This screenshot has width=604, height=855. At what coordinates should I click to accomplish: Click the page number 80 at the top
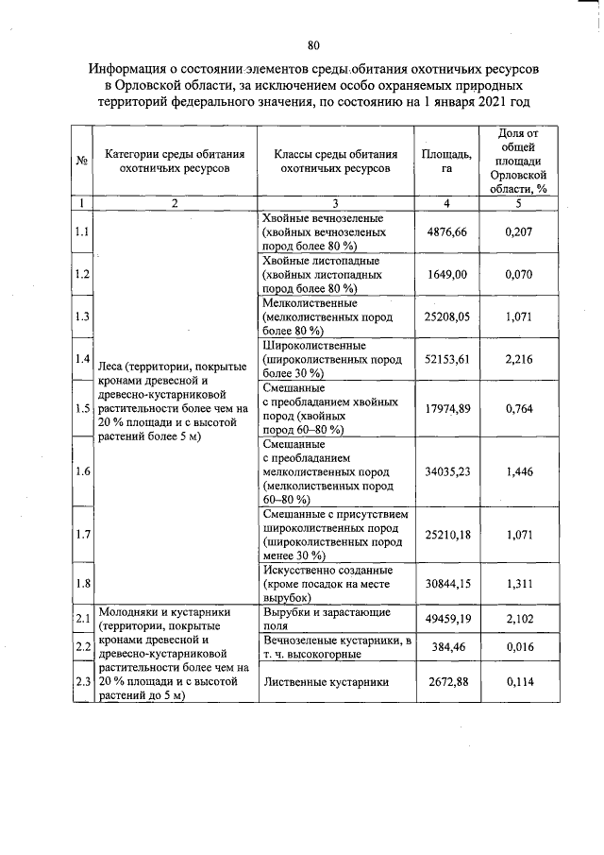(x=313, y=43)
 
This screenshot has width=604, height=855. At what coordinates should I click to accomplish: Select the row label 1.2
(x=82, y=274)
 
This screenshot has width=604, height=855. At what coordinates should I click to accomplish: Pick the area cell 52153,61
(x=446, y=360)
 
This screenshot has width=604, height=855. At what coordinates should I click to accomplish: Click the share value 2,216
(x=519, y=360)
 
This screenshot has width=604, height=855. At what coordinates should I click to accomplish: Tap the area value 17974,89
(x=446, y=408)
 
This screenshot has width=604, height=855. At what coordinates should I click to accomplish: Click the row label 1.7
(x=82, y=535)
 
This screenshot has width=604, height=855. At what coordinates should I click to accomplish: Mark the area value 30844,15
(x=446, y=584)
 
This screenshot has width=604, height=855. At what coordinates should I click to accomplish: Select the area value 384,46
(x=446, y=649)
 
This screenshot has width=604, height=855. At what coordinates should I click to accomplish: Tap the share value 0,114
(x=519, y=682)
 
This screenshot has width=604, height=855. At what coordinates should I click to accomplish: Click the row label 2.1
(x=82, y=619)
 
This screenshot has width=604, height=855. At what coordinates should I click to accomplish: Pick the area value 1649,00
(x=446, y=274)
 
